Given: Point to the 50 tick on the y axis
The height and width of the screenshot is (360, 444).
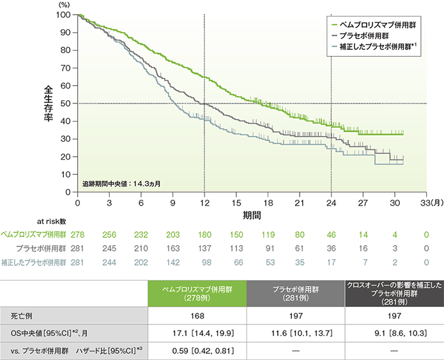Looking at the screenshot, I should (x=68, y=103).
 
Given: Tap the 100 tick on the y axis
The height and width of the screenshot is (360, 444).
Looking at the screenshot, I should (x=66, y=14).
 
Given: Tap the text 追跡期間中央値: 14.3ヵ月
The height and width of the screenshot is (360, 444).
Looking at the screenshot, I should (x=121, y=183).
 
